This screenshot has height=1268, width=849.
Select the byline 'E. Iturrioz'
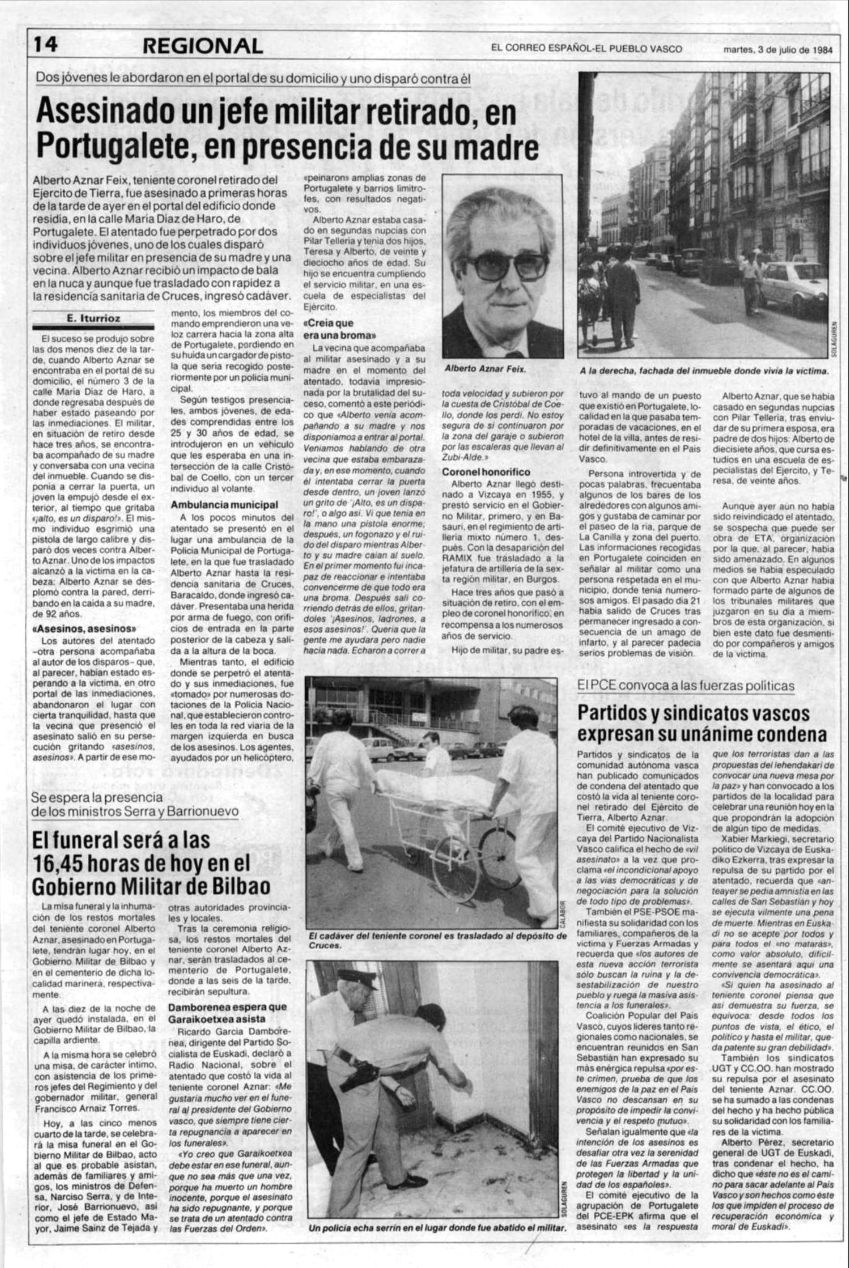pyautogui.click(x=93, y=318)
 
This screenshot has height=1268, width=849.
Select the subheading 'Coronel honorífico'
pyautogui.click(x=486, y=472)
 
